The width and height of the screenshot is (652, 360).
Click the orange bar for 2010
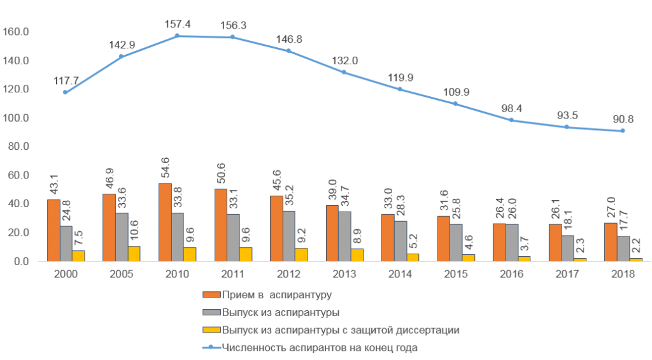click(x=165, y=222)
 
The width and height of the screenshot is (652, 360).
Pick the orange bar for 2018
click(x=610, y=242)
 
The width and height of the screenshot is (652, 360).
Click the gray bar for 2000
click(x=66, y=243)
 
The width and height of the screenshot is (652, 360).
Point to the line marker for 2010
click(x=177, y=36)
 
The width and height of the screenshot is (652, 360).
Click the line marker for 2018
click(x=622, y=131)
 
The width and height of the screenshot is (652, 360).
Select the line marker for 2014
click(x=400, y=89)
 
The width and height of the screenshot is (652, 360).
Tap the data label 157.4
click(x=177, y=24)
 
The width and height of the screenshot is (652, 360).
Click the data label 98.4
click(x=511, y=108)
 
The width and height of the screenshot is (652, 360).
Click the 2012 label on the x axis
click(x=288, y=273)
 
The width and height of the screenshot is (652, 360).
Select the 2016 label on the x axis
click(x=511, y=273)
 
